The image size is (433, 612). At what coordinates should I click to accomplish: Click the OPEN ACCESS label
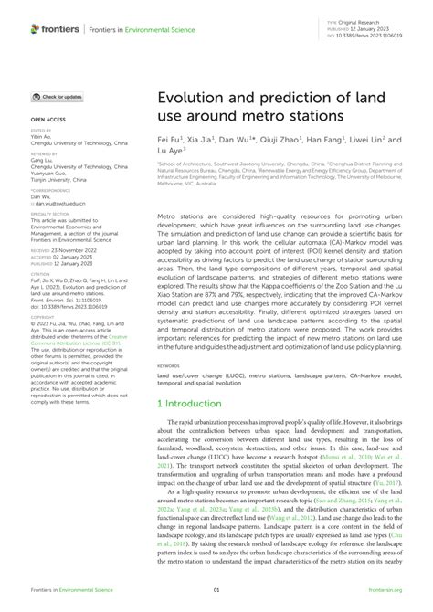coord(48,119)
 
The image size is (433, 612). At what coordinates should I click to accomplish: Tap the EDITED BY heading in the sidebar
coord(42,131)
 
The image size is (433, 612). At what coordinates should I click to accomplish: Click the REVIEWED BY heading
coord(46,154)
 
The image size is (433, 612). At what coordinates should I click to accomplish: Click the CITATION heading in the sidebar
coord(42,271)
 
